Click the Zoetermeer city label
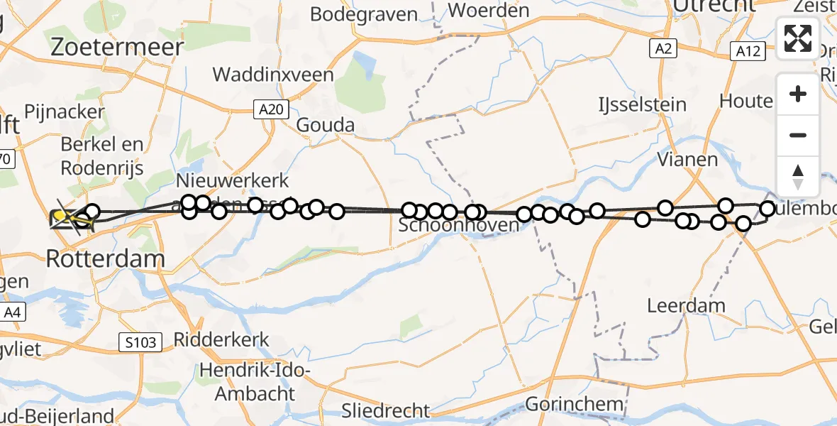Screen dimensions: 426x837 (x=117, y=47)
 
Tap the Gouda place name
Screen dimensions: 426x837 (x=325, y=126)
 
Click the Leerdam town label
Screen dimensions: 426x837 (x=687, y=306)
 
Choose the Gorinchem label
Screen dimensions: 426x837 (x=575, y=405)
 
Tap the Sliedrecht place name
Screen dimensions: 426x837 (x=386, y=410)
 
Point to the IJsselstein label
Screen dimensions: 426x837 (x=641, y=105)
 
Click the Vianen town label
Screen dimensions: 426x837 (x=687, y=159)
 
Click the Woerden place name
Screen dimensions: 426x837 (x=489, y=11)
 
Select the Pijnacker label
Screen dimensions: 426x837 (x=64, y=112)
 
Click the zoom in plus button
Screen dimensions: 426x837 (x=798, y=94)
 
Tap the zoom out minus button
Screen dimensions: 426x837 (x=798, y=135)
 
